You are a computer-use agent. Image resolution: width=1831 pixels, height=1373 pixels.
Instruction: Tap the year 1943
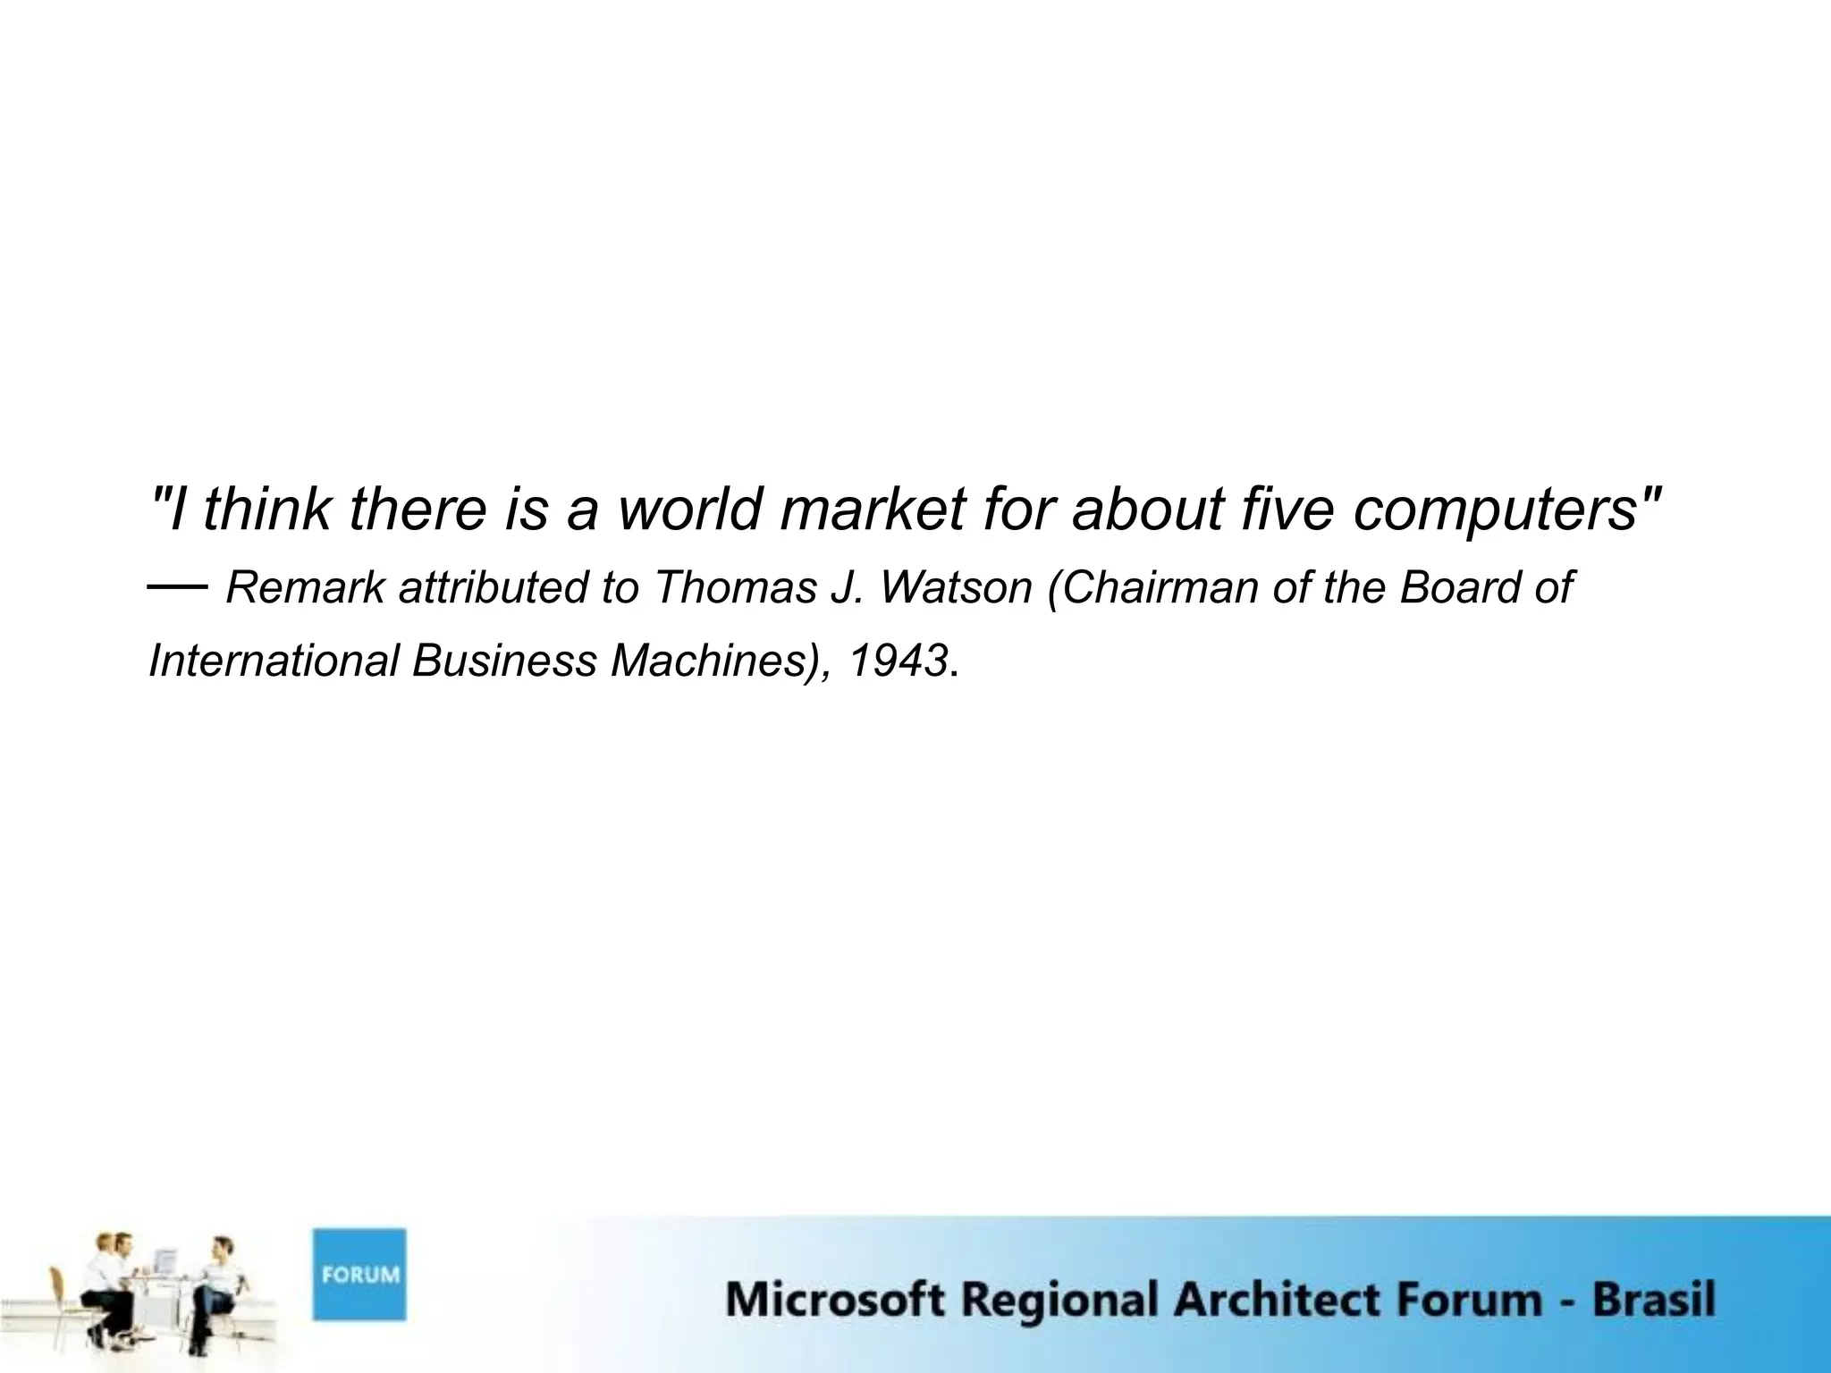click(898, 661)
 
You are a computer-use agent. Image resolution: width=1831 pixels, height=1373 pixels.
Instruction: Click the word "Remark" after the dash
click(305, 588)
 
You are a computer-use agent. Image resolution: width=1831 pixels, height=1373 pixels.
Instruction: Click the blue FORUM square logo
click(359, 1274)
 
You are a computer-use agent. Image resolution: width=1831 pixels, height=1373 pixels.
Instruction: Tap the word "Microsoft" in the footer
click(834, 1299)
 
